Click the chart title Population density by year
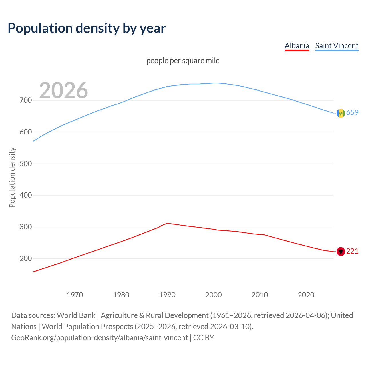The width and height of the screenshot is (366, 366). (x=87, y=28)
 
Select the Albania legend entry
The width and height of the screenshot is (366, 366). (x=297, y=46)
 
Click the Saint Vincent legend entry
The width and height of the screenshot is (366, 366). (x=337, y=46)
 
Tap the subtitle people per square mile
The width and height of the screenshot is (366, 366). (x=183, y=61)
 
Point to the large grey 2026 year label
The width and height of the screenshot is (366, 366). (x=63, y=90)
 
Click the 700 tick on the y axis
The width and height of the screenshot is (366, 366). (x=26, y=100)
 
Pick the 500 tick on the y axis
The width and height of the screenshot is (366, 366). (x=26, y=164)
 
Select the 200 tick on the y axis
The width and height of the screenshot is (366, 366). (x=26, y=258)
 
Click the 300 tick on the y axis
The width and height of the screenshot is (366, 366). (x=26, y=227)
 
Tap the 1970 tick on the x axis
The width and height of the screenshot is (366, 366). (x=75, y=295)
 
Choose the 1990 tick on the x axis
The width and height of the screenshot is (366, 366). (x=167, y=295)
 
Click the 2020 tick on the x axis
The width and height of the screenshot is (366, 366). (x=306, y=295)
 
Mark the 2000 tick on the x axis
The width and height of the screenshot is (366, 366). (x=214, y=295)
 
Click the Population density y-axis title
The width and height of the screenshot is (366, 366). (x=12, y=177)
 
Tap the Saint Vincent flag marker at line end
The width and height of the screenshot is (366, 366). (x=341, y=113)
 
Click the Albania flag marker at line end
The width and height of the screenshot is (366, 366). (x=341, y=252)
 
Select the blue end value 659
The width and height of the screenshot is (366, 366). (x=352, y=112)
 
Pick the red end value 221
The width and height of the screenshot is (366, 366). (x=352, y=251)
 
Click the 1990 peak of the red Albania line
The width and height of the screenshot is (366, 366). (x=167, y=223)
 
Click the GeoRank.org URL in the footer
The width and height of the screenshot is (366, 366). (x=100, y=338)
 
